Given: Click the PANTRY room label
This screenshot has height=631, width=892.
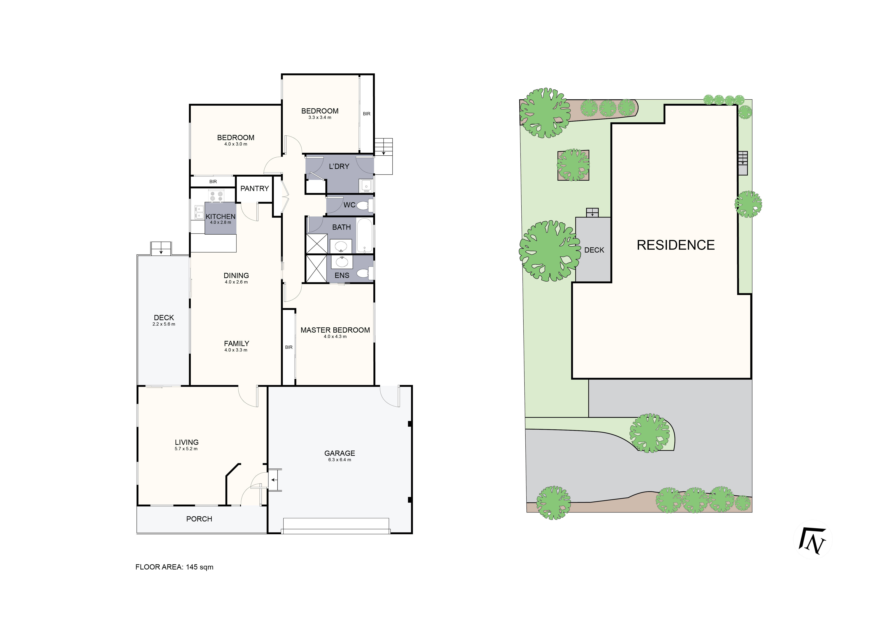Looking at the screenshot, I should (x=254, y=189).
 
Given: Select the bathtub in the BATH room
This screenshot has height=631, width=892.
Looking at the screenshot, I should (x=364, y=235).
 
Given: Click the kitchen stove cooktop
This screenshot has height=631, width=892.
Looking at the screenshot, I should (x=216, y=196).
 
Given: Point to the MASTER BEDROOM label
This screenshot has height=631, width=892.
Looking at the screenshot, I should (x=335, y=330).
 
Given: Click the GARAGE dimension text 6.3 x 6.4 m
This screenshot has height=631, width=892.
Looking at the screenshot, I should (x=339, y=460).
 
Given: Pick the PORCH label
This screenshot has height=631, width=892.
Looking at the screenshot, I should (x=199, y=519).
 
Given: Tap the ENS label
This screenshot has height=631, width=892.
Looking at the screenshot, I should (x=342, y=275).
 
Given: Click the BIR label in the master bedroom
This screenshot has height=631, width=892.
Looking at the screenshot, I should (x=289, y=347).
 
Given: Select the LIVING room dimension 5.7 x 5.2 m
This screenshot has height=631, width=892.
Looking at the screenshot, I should (x=186, y=449).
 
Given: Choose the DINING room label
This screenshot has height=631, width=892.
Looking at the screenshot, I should (x=236, y=276).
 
